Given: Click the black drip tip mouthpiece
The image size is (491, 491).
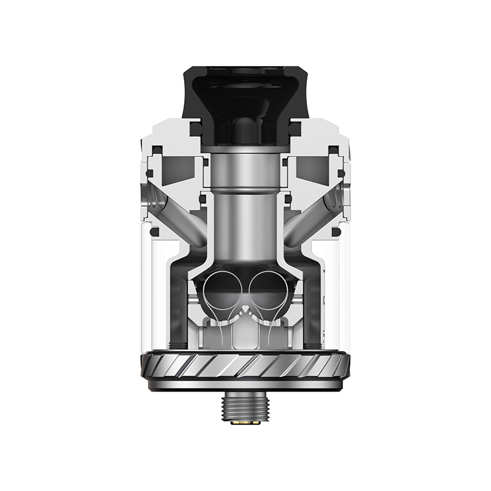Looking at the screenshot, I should tap(245, 92).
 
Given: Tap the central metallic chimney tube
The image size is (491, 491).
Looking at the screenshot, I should tap(245, 215).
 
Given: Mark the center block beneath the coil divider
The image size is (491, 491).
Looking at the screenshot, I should tap(245, 334).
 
